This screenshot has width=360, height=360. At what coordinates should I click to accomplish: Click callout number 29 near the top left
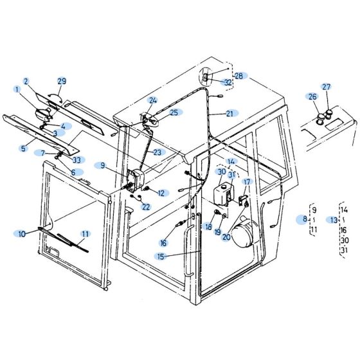coord(62,81)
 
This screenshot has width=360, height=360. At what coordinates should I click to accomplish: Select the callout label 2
coord(26,82)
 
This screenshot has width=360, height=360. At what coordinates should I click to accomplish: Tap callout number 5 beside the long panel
coord(24,148)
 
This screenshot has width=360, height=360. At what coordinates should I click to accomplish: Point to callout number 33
coord(76,159)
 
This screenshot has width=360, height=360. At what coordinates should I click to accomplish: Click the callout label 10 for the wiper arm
coord(22,234)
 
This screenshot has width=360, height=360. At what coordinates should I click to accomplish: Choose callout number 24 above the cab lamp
coord(152,100)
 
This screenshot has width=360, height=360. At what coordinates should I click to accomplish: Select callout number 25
coord(174,113)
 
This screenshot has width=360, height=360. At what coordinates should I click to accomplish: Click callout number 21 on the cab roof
coord(230,114)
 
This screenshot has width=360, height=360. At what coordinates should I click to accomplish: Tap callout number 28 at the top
coord(239,76)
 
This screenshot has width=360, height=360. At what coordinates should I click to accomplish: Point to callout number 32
coord(228,82)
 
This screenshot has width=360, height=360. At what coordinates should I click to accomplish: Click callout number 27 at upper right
coord(326,87)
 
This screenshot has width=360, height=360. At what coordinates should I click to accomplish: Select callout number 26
coord(312,97)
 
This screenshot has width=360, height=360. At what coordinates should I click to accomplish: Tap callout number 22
coord(146,206)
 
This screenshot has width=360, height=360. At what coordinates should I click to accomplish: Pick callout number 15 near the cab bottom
coord(160,256)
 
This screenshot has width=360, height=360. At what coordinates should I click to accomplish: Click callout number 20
coord(226,237)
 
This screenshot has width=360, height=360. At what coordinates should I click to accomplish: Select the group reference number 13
coord(332,219)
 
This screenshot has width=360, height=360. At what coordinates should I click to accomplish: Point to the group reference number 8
coord(305,219)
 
